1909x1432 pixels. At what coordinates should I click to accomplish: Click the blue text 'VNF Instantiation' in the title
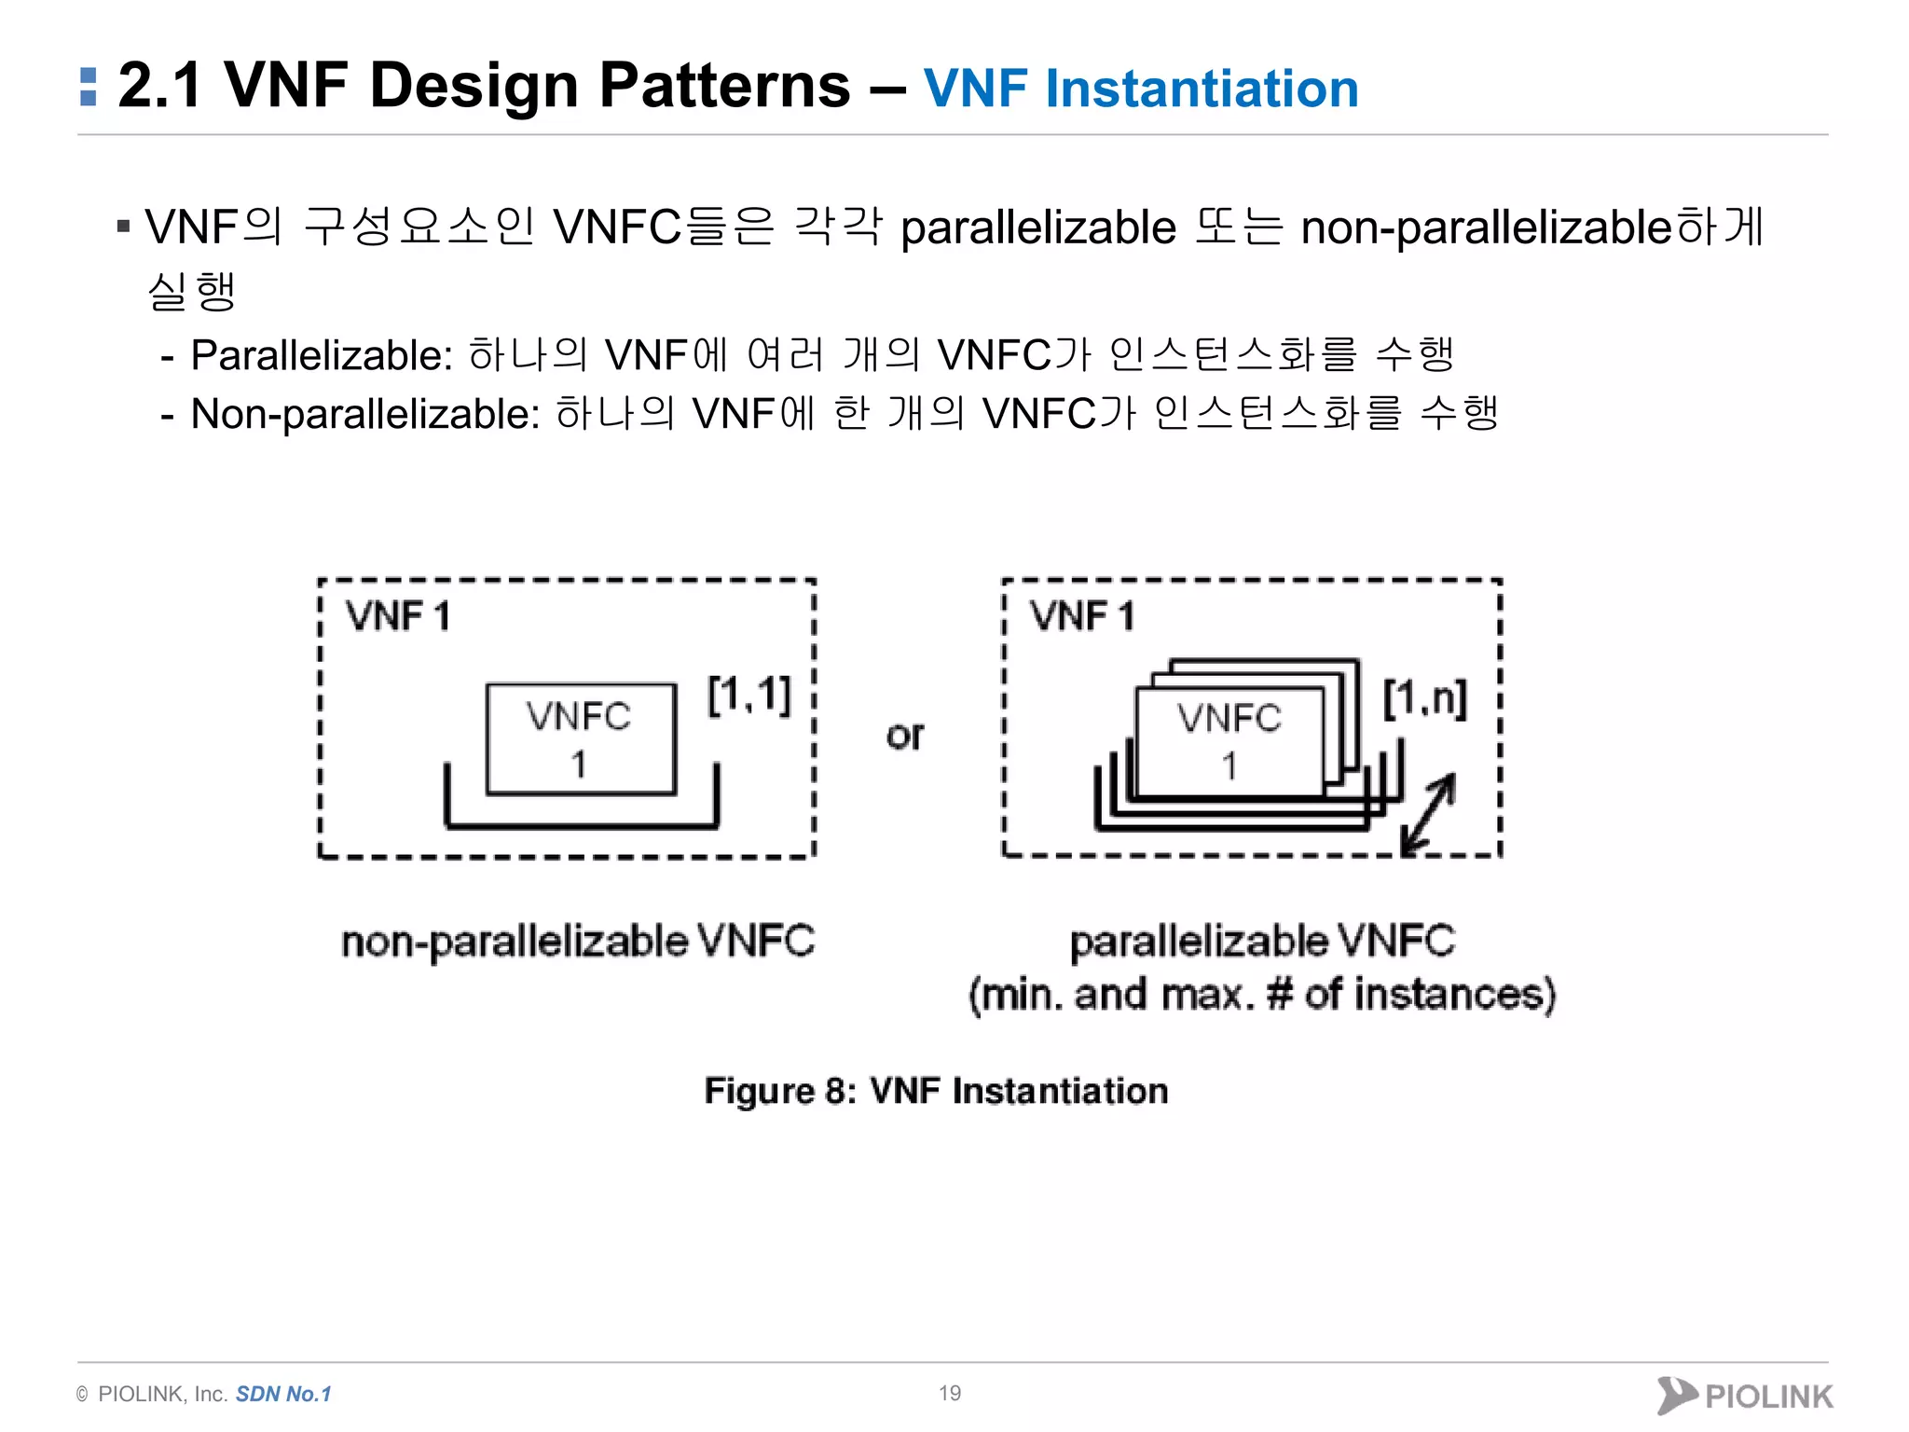(1140, 89)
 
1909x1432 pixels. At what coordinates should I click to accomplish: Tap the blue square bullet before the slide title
(89, 87)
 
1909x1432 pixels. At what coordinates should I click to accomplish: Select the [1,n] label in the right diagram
(1424, 698)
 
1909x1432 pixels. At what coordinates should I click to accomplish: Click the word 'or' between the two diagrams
(904, 736)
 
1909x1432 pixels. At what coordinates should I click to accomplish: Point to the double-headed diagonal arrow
(1428, 813)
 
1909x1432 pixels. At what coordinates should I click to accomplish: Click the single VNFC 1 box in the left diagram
(581, 738)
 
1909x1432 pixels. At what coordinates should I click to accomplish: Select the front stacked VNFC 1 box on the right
(1229, 741)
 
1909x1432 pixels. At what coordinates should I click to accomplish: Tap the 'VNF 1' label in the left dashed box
(398, 617)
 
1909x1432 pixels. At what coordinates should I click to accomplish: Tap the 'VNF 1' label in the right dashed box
(1082, 617)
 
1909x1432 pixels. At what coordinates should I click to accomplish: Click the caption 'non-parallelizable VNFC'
(578, 942)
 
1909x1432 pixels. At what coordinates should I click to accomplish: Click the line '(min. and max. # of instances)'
(1262, 995)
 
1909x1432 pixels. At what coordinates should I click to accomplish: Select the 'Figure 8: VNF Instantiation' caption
(936, 1091)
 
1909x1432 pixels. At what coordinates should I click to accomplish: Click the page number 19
(950, 1393)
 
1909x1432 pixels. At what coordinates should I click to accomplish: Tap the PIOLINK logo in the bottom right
(1744, 1396)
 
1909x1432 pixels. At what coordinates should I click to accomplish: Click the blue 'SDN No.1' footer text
(283, 1394)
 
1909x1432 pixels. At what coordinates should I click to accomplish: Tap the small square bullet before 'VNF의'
(123, 226)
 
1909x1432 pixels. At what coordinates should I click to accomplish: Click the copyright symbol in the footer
(82, 1395)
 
